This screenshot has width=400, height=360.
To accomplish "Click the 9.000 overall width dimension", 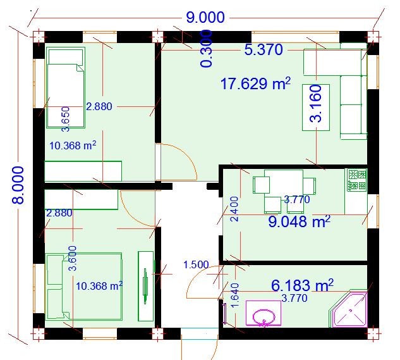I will [205, 17].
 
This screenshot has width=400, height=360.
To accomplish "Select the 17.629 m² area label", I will [255, 84].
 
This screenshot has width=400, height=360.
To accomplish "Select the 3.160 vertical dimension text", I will [316, 102].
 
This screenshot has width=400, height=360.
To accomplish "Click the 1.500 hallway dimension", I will [196, 264].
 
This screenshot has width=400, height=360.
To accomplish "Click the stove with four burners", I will [356, 180].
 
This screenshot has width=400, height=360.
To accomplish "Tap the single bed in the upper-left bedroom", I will [63, 89].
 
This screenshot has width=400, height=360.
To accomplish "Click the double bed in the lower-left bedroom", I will [83, 286].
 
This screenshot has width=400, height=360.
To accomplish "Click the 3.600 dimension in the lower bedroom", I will [73, 258].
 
